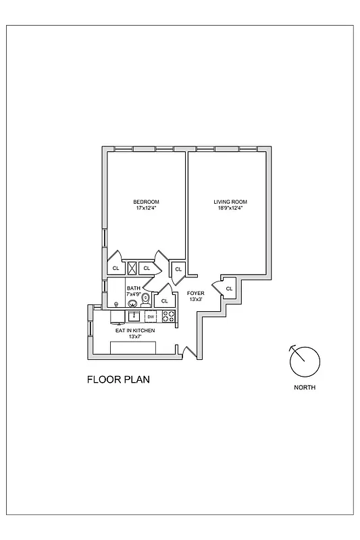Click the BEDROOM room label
(x=146, y=202)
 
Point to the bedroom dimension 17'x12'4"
(x=146, y=208)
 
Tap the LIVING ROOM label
(x=231, y=202)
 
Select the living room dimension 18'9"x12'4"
(x=231, y=208)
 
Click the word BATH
(x=133, y=288)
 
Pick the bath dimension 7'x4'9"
(x=134, y=294)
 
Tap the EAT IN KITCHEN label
(x=135, y=331)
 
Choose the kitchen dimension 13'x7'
(x=135, y=337)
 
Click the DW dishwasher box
(x=151, y=317)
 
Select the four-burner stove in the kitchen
(x=168, y=316)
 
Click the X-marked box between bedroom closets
(x=133, y=268)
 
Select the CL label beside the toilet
(x=164, y=300)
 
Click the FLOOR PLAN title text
(x=118, y=379)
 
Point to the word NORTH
(x=305, y=387)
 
